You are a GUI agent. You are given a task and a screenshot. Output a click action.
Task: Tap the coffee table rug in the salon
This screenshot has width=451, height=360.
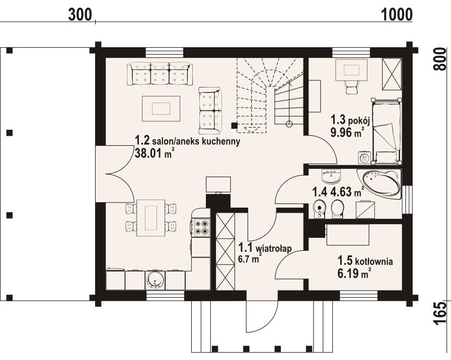pyautogui.click(x=161, y=108)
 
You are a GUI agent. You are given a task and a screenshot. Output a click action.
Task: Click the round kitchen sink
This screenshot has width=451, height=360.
pyautogui.click(x=155, y=281)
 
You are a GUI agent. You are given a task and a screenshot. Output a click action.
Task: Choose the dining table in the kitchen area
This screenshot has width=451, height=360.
pyautogui.click(x=151, y=216)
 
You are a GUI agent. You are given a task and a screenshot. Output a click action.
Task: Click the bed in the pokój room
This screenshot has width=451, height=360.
pyautogui.click(x=387, y=131)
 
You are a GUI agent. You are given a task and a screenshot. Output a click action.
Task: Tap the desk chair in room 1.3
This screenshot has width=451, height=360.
pyautogui.click(x=351, y=87)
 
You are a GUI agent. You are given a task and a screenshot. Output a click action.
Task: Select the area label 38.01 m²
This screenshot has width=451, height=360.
pyautogui.click(x=152, y=154)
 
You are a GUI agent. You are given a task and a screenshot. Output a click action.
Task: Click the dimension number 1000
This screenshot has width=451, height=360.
pyautogui.click(x=397, y=14)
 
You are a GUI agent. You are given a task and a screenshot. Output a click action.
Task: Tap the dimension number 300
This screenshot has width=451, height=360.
pyautogui.click(x=80, y=14)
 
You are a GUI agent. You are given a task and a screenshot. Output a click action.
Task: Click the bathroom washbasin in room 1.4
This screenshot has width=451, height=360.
pyautogui.click(x=330, y=176)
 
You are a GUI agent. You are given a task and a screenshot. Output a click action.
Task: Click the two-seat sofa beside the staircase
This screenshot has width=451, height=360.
pyautogui.click(x=209, y=110)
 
